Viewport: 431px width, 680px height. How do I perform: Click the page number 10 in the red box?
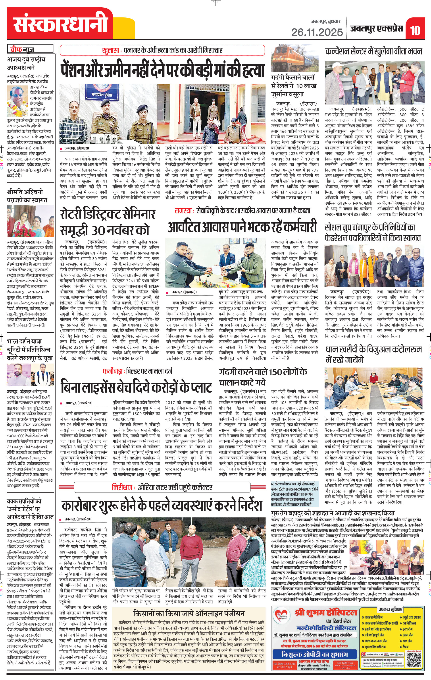click(x=415, y=30)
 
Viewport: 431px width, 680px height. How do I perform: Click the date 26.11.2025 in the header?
click(x=317, y=32)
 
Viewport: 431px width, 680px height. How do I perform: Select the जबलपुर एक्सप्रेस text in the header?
click(x=377, y=29)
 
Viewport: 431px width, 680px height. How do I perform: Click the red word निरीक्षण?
click(x=122, y=487)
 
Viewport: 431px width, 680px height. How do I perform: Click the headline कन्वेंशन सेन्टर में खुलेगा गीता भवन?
click(x=374, y=51)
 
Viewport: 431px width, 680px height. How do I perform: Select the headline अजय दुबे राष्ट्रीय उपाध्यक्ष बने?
click(x=26, y=64)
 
